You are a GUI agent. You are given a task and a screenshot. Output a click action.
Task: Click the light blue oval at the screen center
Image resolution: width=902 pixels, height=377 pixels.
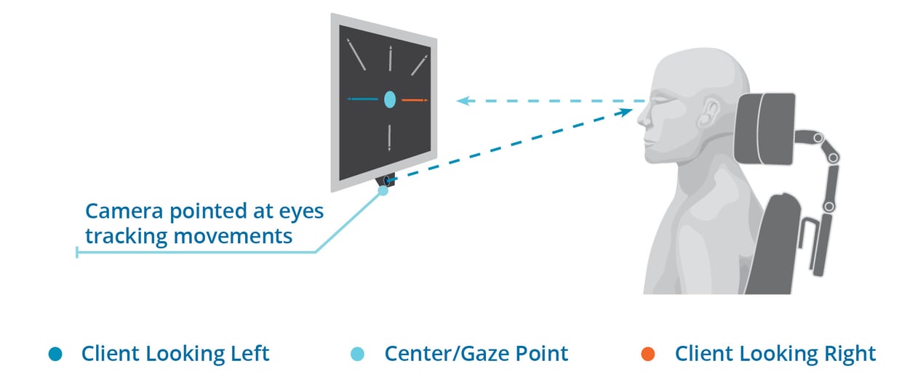389,100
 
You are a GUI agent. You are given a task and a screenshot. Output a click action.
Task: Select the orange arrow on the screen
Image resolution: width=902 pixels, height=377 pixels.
415,100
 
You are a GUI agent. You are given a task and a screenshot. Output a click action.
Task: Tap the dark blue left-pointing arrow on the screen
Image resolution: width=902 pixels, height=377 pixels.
363,99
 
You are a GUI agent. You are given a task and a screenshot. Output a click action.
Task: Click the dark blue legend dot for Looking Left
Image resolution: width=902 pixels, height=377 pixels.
55,354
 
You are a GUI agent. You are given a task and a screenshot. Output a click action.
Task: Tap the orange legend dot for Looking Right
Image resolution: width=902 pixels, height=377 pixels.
648,354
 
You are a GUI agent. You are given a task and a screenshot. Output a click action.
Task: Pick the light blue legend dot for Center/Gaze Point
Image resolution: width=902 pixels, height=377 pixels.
357,354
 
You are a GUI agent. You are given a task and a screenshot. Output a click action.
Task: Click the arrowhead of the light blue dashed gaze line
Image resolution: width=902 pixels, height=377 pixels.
460,101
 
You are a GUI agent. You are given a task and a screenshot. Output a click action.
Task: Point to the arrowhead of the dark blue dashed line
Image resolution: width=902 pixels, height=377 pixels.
627,110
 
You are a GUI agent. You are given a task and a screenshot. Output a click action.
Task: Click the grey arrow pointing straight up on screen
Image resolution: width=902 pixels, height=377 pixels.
391,59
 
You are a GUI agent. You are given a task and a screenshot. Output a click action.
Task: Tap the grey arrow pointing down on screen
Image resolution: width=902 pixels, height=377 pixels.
390,137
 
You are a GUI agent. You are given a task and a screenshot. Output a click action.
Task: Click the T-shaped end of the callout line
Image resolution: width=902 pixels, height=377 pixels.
77,252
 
